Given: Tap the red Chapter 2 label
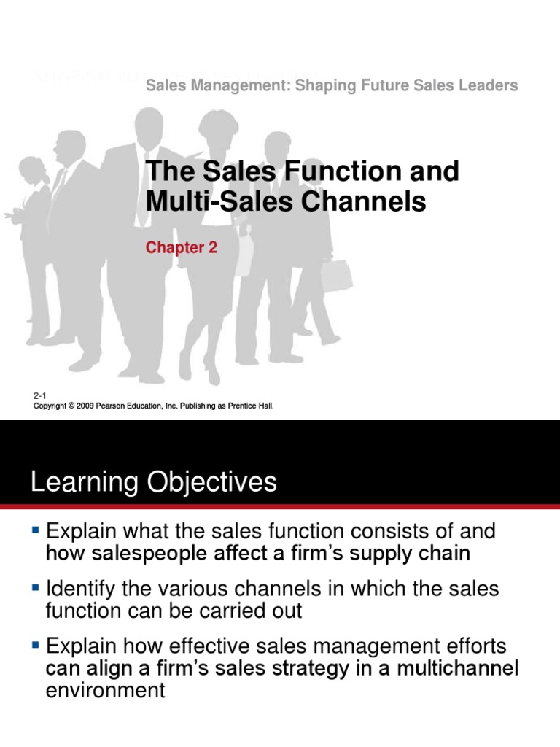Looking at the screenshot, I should point(181,248).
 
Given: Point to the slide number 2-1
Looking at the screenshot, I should point(40,395).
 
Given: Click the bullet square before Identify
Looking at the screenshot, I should point(36,585).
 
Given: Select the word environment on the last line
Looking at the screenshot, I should point(105,691).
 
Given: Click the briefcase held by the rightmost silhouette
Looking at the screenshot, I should point(335,275).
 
